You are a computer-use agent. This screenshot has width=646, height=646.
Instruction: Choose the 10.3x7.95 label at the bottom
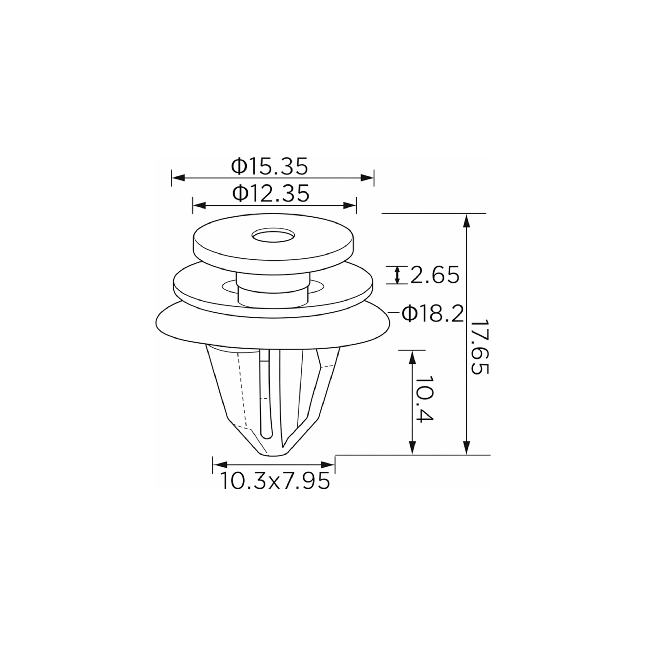[x=275, y=481]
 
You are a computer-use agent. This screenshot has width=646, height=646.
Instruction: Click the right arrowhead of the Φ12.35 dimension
[x=350, y=205]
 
